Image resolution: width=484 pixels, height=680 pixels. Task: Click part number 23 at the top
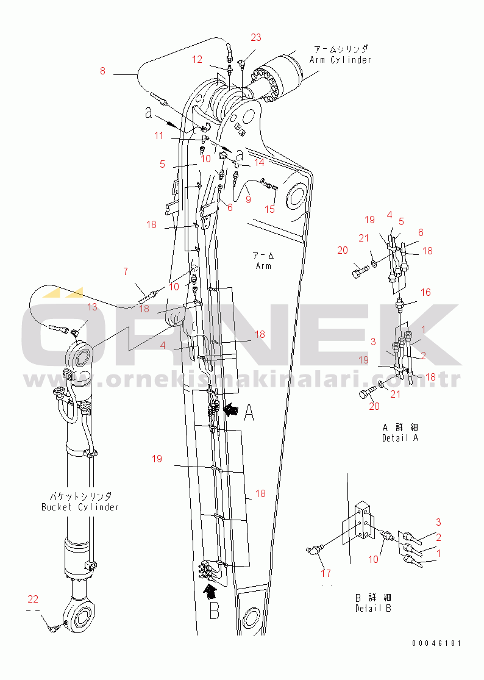[x=256, y=38]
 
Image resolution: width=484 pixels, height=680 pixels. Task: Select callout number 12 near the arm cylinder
[x=197, y=59]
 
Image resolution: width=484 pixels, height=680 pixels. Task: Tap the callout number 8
[x=102, y=71]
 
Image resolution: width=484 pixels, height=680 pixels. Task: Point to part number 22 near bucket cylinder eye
[x=33, y=599]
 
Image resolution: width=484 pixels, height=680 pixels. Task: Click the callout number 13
[x=92, y=307]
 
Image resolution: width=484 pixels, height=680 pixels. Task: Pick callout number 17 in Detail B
[x=326, y=573]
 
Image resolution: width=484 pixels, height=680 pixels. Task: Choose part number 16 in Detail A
[x=425, y=292]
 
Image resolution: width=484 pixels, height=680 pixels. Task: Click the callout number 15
[x=269, y=209]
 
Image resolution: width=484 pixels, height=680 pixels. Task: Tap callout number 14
[x=259, y=162]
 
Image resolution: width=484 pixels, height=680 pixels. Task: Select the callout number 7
[x=126, y=271]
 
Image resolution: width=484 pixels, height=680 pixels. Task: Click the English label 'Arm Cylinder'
[x=341, y=60]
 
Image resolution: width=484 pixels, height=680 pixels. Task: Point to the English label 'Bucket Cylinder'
[x=80, y=507]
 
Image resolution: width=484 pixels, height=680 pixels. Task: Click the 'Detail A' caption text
[x=400, y=438]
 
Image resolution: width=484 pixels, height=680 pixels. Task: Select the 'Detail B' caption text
[x=374, y=609]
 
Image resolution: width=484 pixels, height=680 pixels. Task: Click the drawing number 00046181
[x=437, y=643]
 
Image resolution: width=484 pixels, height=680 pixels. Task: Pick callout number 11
[x=158, y=136]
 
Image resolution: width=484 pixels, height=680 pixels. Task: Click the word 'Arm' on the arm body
[x=263, y=266]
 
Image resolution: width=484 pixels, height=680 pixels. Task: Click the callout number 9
[x=248, y=199]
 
